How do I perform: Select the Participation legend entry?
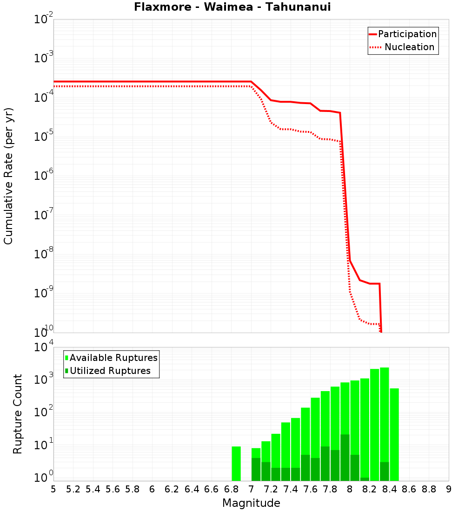(407, 34)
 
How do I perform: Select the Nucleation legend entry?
(409, 47)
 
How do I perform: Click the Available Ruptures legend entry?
(113, 358)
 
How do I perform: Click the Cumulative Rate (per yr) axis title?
(8, 176)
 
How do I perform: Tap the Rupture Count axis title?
(18, 414)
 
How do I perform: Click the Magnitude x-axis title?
(251, 503)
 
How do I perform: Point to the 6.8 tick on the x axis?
(231, 489)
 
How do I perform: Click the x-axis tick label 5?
(53, 489)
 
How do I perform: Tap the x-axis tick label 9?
(449, 489)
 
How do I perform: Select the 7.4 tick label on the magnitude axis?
(291, 489)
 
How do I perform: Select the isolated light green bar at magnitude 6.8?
(236, 463)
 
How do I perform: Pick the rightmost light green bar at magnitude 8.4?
(394, 434)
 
